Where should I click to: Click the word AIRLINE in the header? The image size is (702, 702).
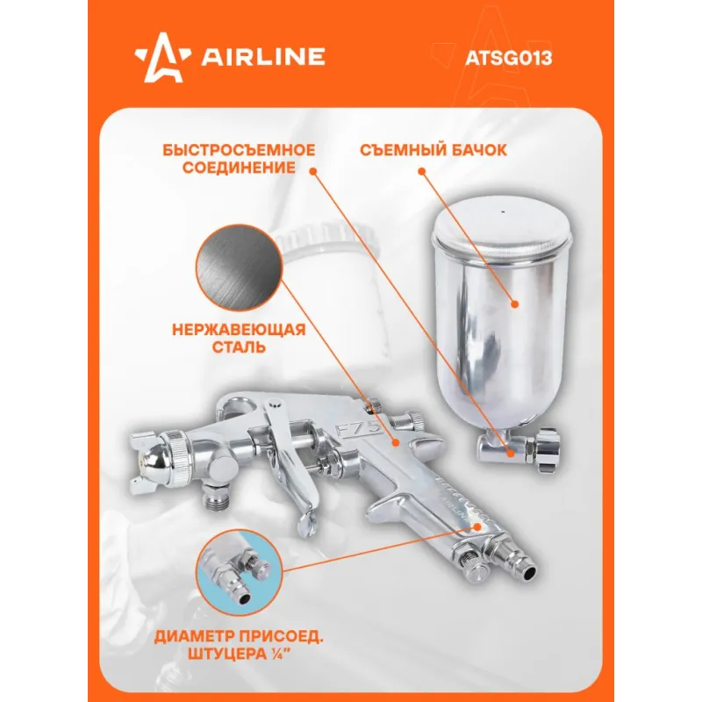point(263,57)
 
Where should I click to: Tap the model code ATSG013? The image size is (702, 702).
point(509,58)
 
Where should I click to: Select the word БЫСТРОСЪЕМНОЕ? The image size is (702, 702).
point(239,150)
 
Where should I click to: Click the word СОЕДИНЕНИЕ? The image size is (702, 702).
point(239,168)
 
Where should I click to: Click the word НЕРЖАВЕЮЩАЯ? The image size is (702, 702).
point(239,330)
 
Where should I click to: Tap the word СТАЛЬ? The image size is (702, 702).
point(239,347)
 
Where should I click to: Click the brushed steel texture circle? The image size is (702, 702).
point(240,269)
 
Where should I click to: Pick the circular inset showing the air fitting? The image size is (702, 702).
point(240,573)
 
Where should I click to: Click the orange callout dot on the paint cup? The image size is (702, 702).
point(515,304)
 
